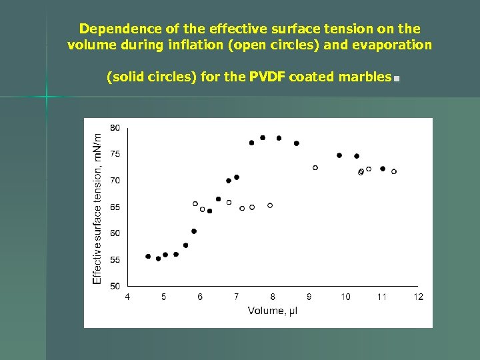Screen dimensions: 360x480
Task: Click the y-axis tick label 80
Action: [x=115, y=127]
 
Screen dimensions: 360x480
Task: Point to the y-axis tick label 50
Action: [x=115, y=286]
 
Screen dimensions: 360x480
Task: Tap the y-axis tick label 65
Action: [x=115, y=207]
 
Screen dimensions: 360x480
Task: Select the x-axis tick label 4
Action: [x=127, y=297]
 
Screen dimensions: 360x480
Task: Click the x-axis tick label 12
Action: [x=418, y=297]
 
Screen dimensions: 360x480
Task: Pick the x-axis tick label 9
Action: [x=309, y=297]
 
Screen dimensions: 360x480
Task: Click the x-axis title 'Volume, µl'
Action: [x=273, y=311]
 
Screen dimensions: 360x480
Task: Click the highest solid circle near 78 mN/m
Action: [x=263, y=137]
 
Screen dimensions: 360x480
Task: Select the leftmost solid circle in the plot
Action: [x=148, y=256]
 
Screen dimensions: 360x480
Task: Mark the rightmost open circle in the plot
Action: [x=394, y=171]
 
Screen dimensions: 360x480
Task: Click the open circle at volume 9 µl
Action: [x=315, y=167]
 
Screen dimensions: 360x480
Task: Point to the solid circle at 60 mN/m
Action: [x=194, y=231]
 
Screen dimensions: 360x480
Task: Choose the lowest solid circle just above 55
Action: [x=158, y=259]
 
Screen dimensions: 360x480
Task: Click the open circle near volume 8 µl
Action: [x=270, y=205]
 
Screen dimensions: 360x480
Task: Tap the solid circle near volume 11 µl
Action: [x=383, y=169]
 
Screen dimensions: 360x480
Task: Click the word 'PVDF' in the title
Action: [x=269, y=77]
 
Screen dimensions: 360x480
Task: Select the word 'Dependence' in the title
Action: [x=109, y=29]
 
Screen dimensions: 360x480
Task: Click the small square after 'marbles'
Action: [x=396, y=79]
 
